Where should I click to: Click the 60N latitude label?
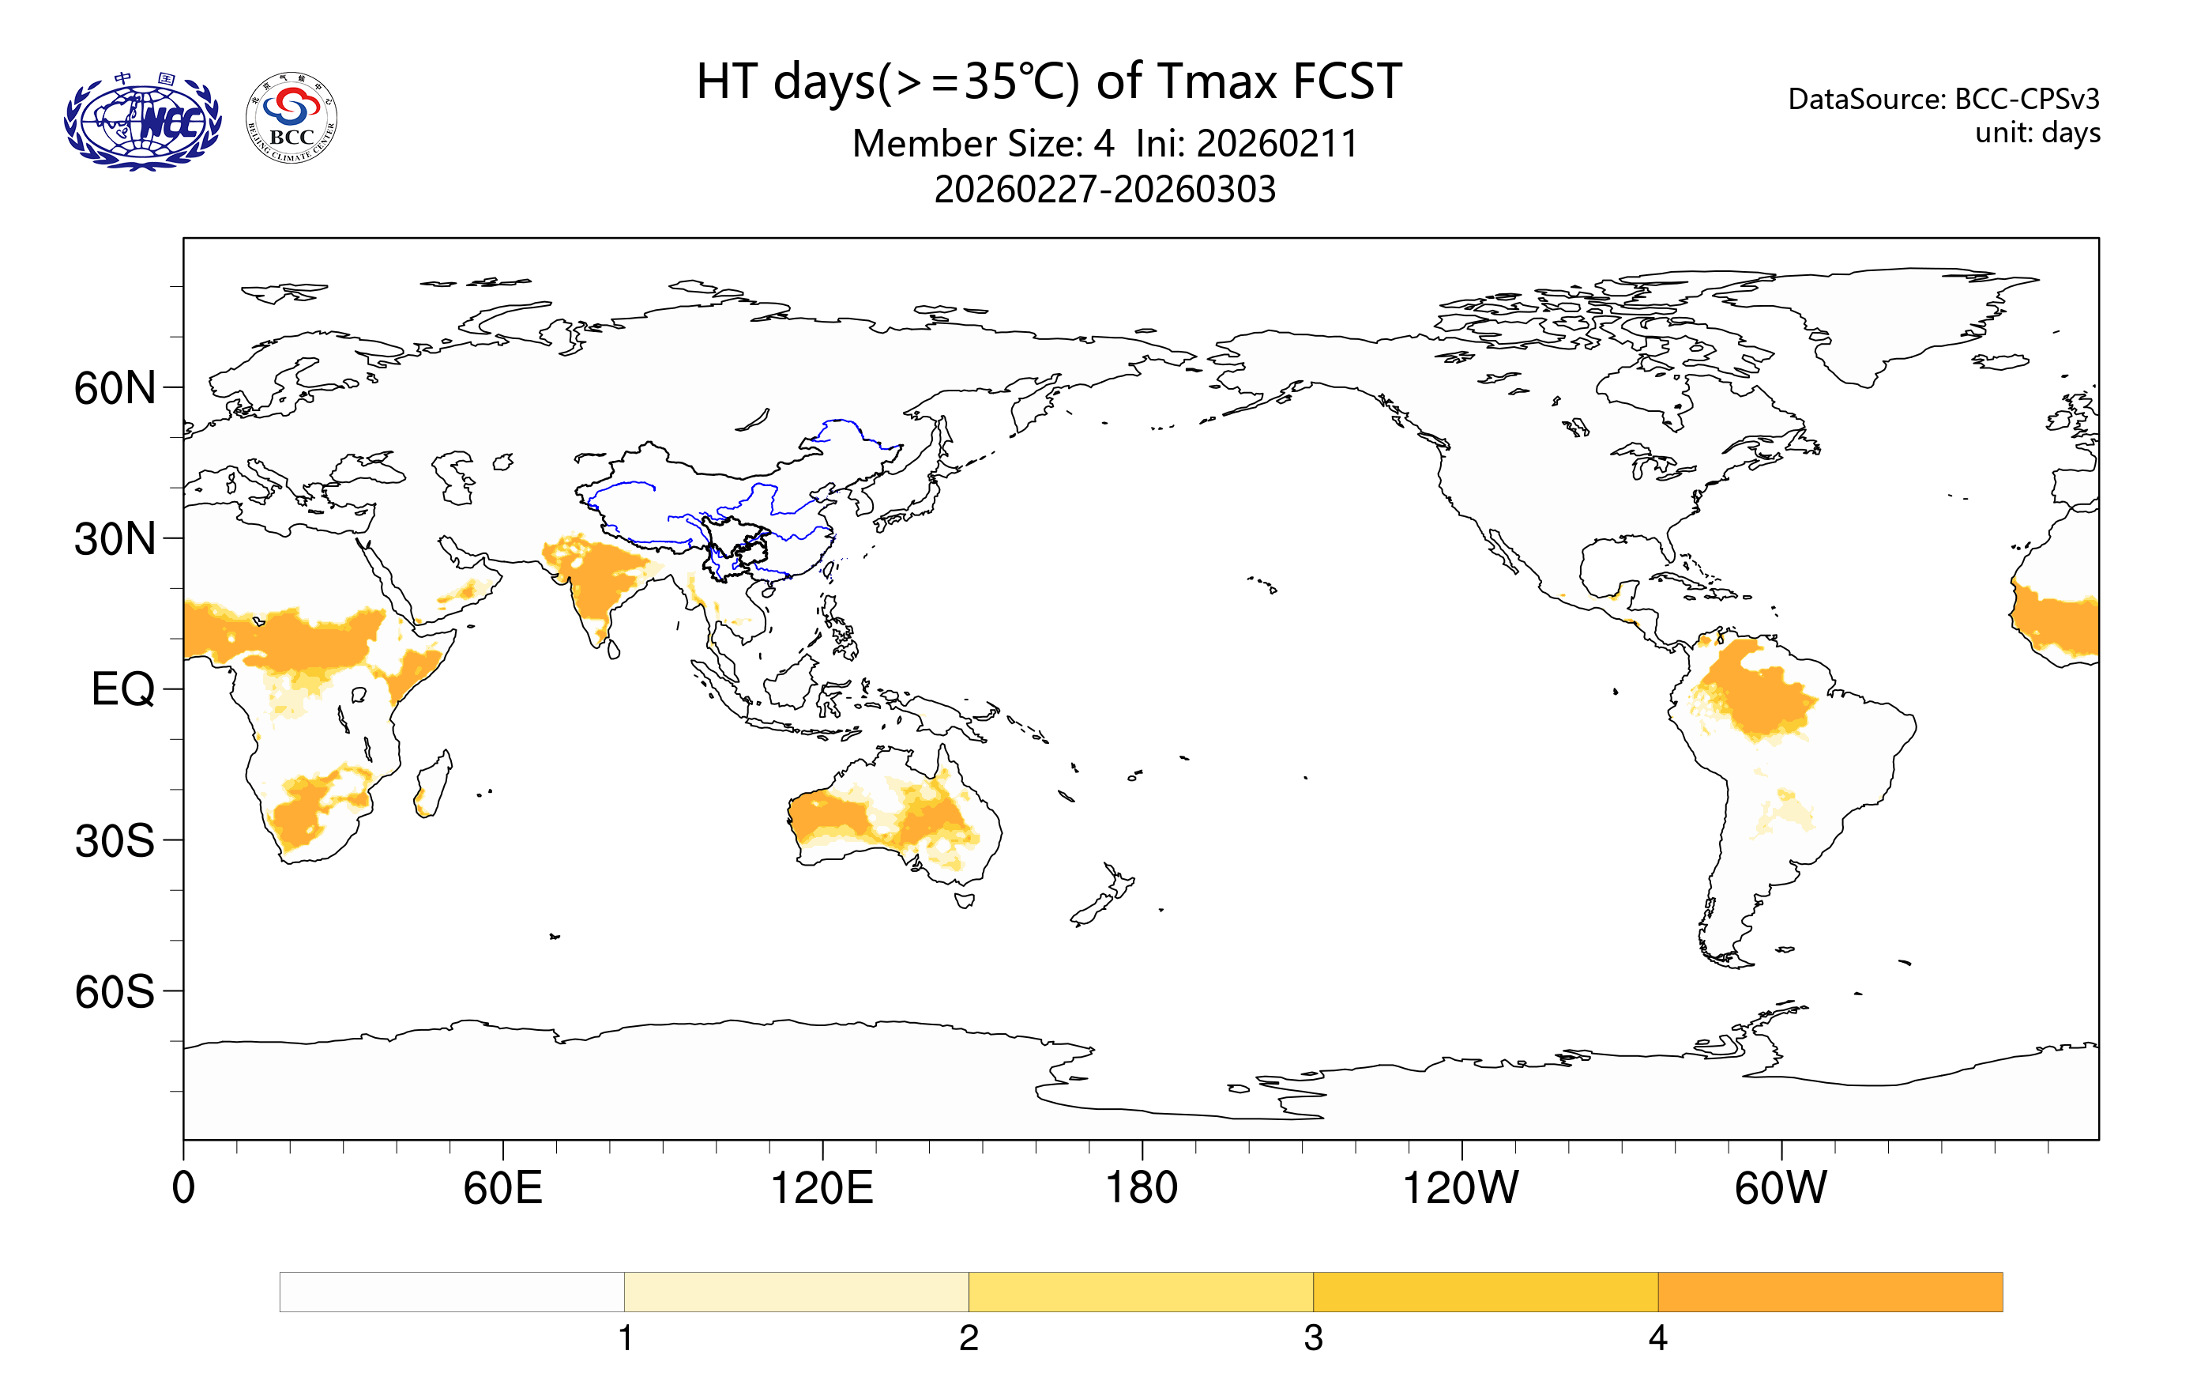[x=115, y=388]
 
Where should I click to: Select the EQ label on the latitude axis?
[x=123, y=689]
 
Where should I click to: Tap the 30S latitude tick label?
[x=115, y=841]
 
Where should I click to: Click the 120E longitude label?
[x=822, y=1187]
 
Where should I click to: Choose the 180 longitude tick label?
[x=1141, y=1187]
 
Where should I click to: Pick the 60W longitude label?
[x=1780, y=1187]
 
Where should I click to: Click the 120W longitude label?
[x=1461, y=1187]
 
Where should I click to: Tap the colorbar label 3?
[x=1313, y=1338]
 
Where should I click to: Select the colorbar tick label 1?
[x=625, y=1338]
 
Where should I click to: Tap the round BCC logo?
[x=292, y=119]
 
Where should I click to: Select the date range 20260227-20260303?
[x=1104, y=189]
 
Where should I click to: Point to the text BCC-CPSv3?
[x=2026, y=98]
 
